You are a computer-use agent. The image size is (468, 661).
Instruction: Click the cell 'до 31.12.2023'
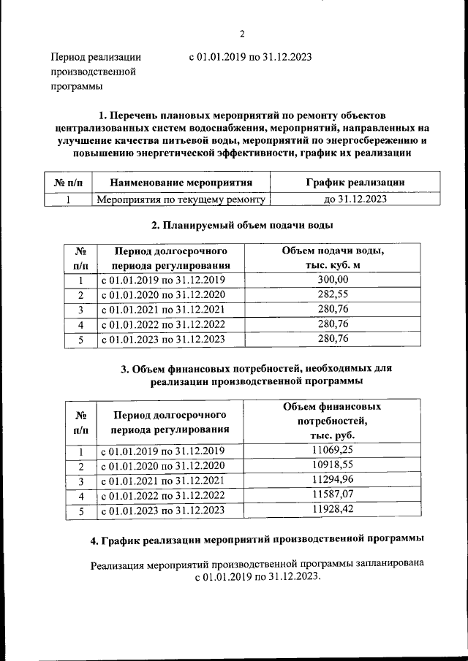point(355,199)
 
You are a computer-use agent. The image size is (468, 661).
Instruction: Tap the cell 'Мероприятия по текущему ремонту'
point(180,199)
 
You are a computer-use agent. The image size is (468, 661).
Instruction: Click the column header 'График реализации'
point(355,182)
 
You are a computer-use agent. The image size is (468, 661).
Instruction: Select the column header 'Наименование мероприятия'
point(181,182)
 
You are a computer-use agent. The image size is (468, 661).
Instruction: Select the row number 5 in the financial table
point(81,511)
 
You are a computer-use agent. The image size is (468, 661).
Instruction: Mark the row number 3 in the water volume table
point(81,310)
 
